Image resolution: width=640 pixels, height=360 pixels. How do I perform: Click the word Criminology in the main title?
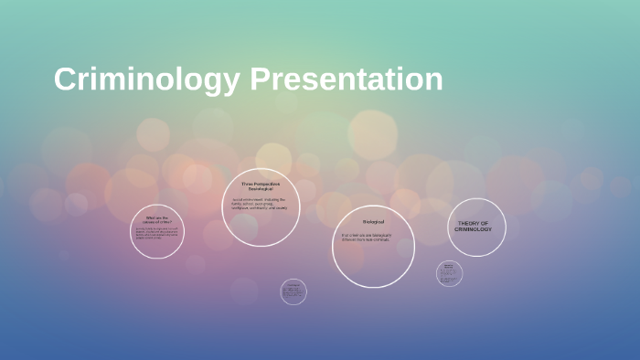click(147, 79)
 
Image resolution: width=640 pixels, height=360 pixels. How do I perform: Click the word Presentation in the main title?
click(347, 79)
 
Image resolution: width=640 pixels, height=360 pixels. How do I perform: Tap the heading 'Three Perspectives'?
click(261, 184)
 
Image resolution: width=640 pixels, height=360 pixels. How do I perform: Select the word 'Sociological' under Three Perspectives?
click(261, 189)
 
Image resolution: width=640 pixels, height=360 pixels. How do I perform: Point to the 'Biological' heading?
click(373, 222)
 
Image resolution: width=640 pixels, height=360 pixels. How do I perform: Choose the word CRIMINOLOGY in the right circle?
click(473, 229)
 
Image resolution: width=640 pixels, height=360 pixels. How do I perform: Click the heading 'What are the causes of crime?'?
click(157, 219)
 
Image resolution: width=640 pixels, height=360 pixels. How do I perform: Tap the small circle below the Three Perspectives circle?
click(293, 291)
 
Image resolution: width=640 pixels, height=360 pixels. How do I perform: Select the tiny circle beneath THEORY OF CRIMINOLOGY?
click(449, 272)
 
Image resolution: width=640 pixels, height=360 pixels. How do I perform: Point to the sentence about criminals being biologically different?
click(367, 237)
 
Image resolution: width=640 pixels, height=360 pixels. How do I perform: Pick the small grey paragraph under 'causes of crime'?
click(156, 233)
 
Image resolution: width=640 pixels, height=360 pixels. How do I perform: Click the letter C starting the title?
click(65, 79)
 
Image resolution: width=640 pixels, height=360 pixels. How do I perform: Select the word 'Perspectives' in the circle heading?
click(267, 184)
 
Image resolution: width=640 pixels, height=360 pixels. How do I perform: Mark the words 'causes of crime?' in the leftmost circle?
click(157, 222)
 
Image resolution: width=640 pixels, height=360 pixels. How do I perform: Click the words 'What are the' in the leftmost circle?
click(157, 217)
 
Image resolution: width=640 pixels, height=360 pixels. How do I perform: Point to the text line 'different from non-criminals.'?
click(367, 239)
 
